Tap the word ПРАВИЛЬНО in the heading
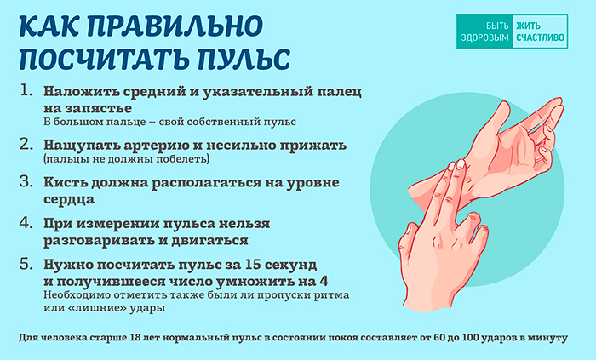click(175, 26)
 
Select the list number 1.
click(26, 91)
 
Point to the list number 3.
click(26, 182)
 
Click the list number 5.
click(26, 264)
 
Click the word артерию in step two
click(148, 145)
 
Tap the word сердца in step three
click(69, 199)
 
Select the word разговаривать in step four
click(99, 241)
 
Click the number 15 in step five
click(254, 264)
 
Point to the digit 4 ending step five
click(324, 282)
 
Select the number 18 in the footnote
click(135, 338)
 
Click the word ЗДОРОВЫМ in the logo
click(485, 37)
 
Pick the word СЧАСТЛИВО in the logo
click(540, 37)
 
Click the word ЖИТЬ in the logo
click(528, 26)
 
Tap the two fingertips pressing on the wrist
click(456, 166)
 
